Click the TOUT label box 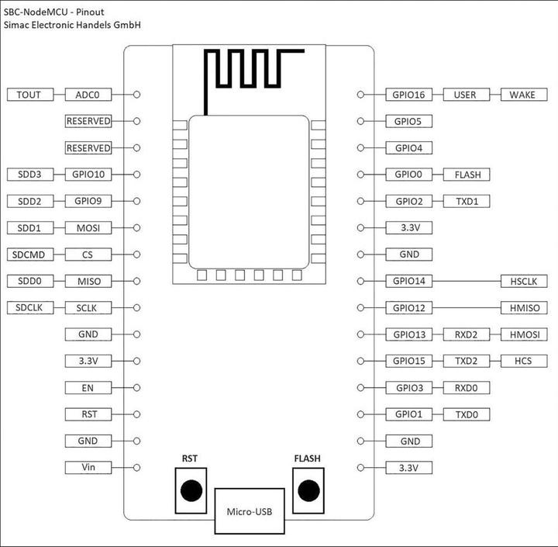point(29,95)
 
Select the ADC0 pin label point(88,95)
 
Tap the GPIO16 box point(408,95)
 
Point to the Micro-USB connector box point(249,511)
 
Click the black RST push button point(190,490)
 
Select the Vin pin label point(88,468)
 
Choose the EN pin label point(88,387)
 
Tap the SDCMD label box point(29,254)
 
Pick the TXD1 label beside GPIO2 point(467,201)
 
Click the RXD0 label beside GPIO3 point(467,387)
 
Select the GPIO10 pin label point(88,175)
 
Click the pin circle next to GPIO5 point(360,121)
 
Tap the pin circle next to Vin point(137,468)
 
